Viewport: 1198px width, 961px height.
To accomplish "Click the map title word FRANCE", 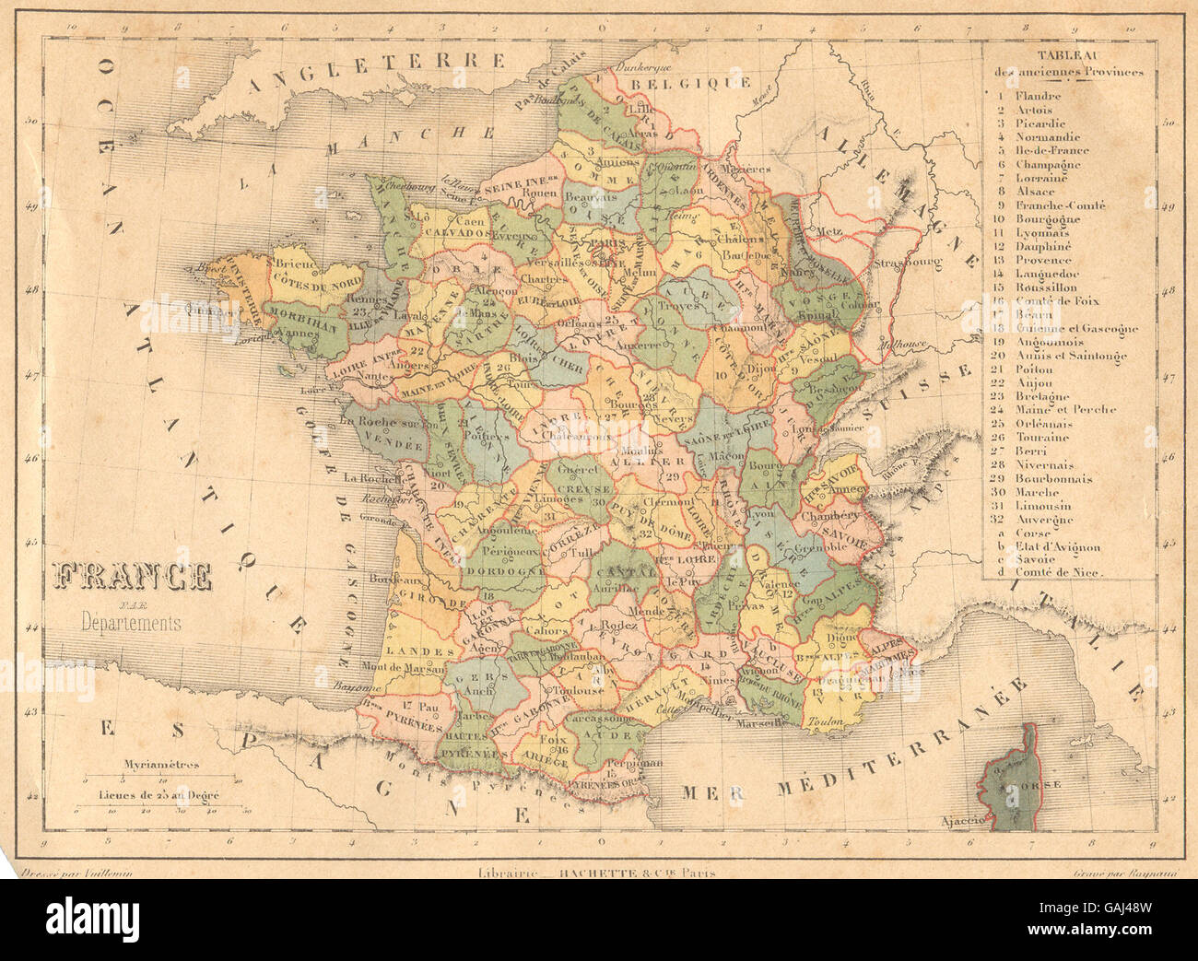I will pos(134,577).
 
